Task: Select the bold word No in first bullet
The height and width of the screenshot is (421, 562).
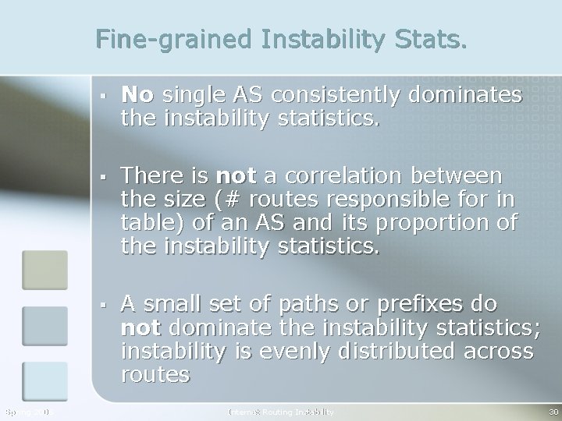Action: pyautogui.click(x=138, y=95)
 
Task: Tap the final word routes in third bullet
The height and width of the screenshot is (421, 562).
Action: pyautogui.click(x=155, y=376)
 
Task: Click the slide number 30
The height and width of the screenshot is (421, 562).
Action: pyautogui.click(x=553, y=411)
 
